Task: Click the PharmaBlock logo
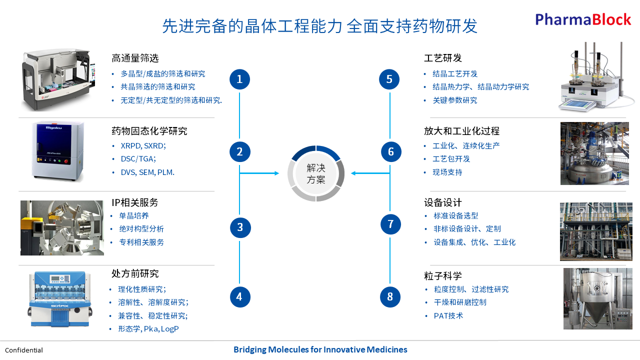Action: (583, 19)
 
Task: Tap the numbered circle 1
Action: (239, 79)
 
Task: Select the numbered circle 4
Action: (239, 297)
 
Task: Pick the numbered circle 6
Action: (391, 151)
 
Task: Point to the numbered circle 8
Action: (390, 297)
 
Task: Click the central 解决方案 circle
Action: (316, 173)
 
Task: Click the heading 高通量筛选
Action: (135, 58)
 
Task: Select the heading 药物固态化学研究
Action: (149, 131)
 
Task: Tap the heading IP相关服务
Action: (135, 202)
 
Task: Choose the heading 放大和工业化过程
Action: (461, 131)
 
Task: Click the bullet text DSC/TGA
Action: (138, 159)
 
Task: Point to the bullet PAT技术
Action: (448, 315)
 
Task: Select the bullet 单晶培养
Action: (133, 215)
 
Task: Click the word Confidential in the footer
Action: (24, 350)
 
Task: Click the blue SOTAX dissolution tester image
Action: (60, 298)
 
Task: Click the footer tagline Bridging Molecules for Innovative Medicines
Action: (320, 349)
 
